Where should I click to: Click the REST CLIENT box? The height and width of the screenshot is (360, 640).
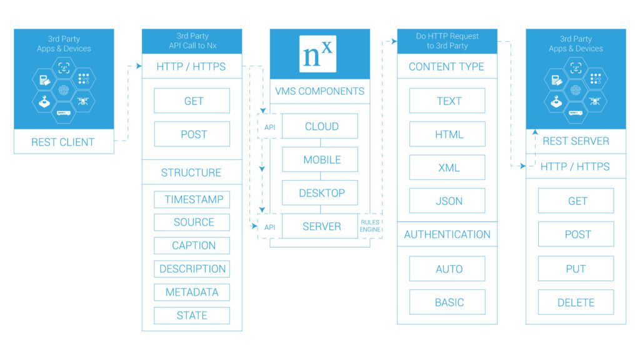coord(63,142)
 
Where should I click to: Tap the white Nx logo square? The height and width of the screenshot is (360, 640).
coord(319,54)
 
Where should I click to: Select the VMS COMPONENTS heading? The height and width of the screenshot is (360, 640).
coord(319,91)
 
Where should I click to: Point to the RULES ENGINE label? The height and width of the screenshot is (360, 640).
coord(370,226)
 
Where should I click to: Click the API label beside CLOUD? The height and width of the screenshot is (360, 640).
coord(269,127)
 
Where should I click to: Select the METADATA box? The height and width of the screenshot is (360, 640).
coord(192,292)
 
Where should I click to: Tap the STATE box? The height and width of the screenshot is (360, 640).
coord(192,316)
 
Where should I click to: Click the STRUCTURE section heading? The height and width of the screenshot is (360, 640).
coord(191,172)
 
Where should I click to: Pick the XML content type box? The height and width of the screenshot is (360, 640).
coord(447,167)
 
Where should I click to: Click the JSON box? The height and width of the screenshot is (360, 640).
coord(447,201)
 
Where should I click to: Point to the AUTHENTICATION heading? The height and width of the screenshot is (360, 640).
coord(447,234)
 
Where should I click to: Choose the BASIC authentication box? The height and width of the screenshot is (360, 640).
coord(447,302)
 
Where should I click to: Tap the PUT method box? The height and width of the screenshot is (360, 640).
coord(576,269)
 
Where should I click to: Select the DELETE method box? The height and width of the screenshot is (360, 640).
coord(576,302)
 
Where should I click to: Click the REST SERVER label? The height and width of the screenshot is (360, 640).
coord(576,141)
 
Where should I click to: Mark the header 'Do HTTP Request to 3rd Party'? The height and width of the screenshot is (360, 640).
coord(447,41)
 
